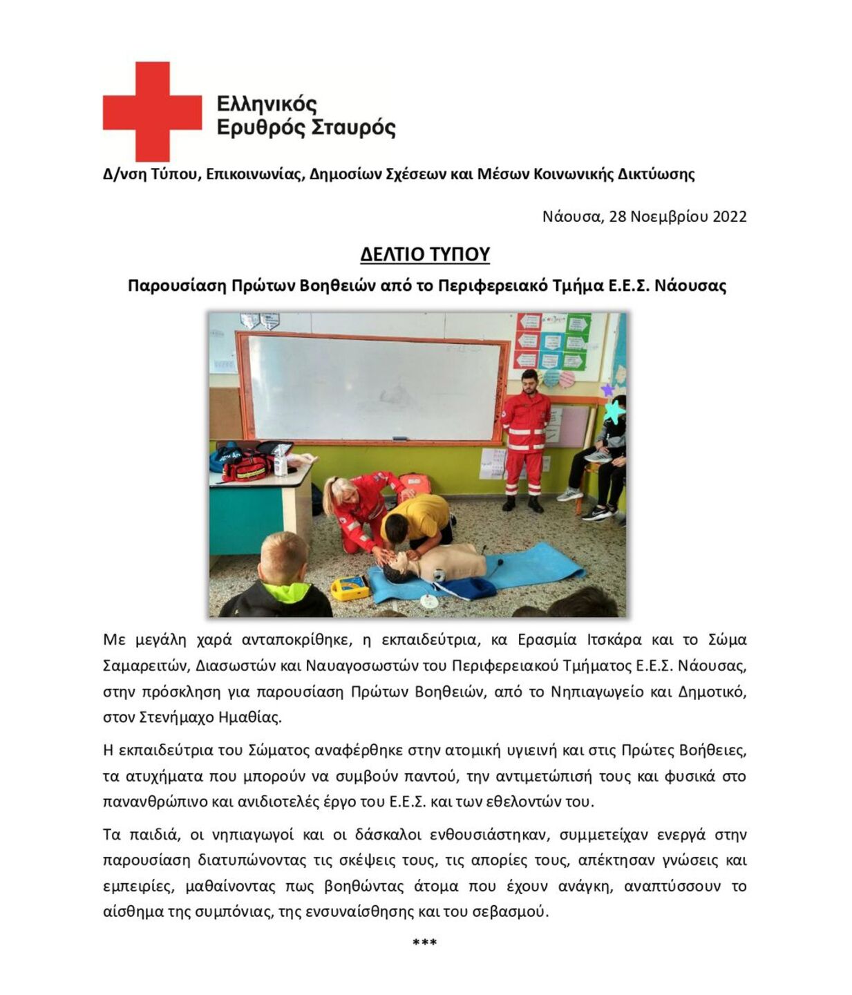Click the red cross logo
(152, 111)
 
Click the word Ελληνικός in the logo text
(267, 104)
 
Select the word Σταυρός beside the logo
(353, 129)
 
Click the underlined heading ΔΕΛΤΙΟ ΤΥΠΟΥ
(425, 254)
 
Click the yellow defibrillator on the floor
(350, 587)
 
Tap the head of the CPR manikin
(396, 570)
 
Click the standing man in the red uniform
(527, 439)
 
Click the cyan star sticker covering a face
(613, 412)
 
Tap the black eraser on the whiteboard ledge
(399, 438)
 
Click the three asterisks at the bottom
(424, 942)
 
